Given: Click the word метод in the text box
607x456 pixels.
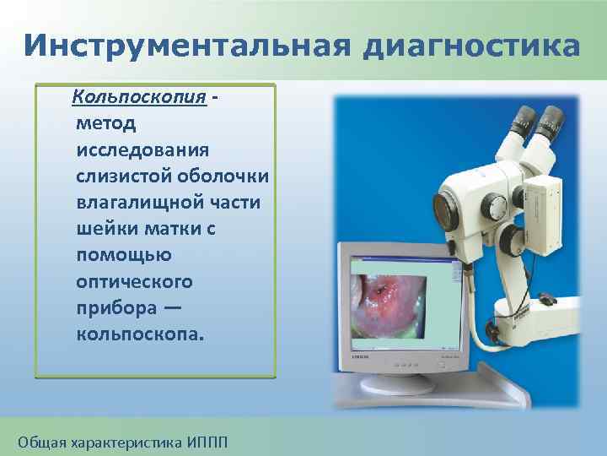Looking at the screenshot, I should coord(105,123).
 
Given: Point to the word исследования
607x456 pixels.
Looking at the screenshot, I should coord(143,149).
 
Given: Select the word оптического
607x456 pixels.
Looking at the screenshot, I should coord(134,280).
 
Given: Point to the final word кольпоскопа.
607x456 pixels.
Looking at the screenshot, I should coord(139,333).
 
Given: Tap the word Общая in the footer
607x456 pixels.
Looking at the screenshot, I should coord(40,442).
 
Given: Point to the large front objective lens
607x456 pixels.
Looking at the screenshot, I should coord(444,208).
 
